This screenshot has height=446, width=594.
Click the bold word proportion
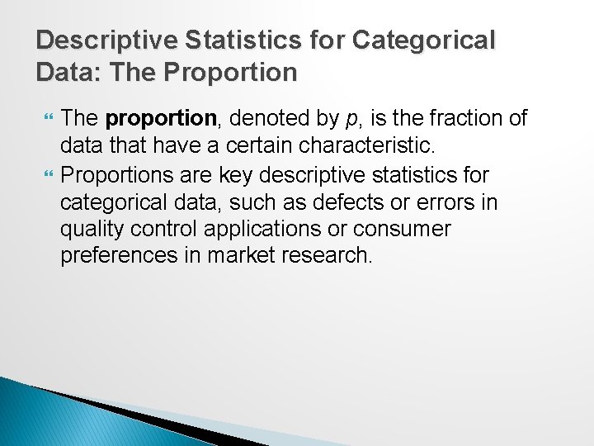160,120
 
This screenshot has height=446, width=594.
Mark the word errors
433,202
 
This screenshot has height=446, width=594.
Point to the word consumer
404,229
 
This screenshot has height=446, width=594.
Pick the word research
328,255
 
